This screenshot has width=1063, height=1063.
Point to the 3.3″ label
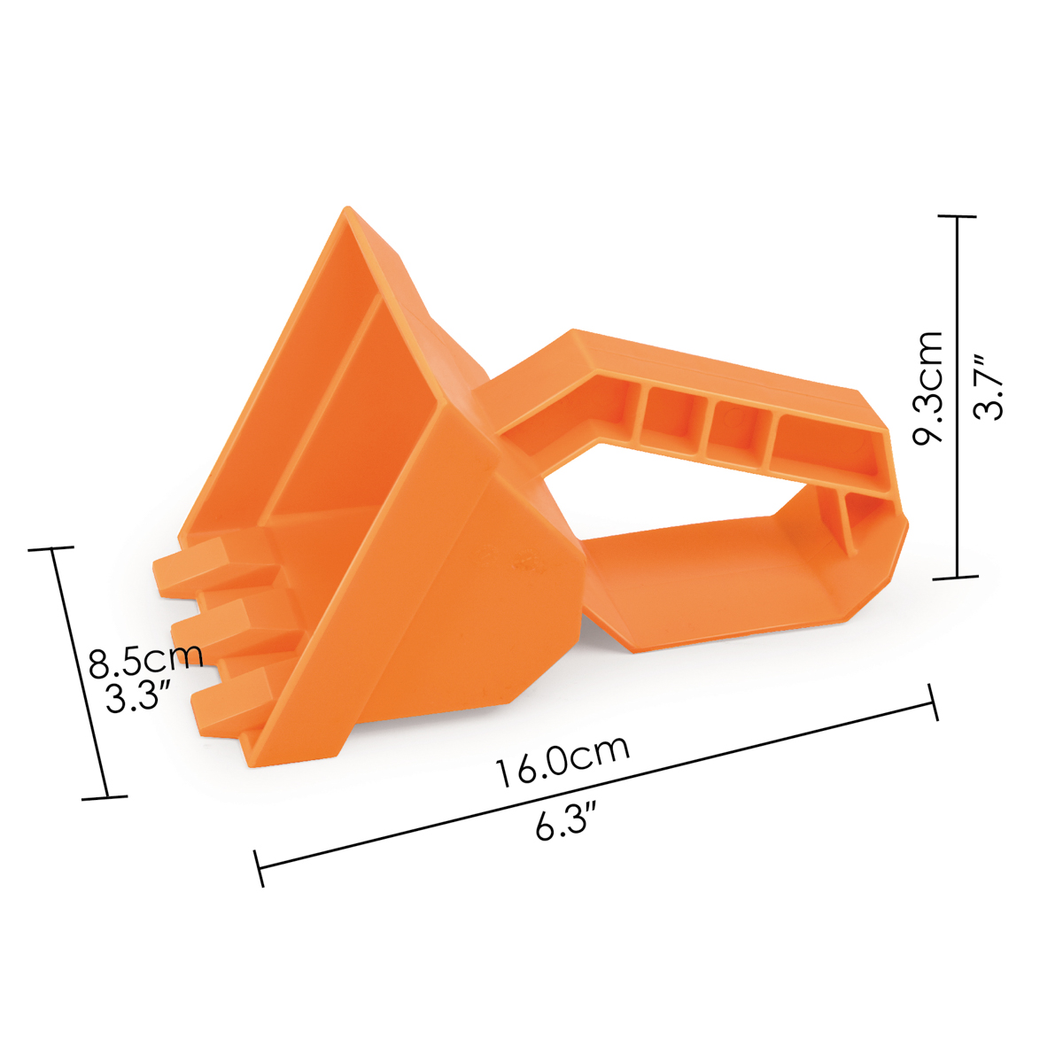coord(137,696)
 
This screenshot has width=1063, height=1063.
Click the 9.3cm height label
coord(927,388)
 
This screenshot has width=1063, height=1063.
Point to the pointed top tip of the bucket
coord(346,208)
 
